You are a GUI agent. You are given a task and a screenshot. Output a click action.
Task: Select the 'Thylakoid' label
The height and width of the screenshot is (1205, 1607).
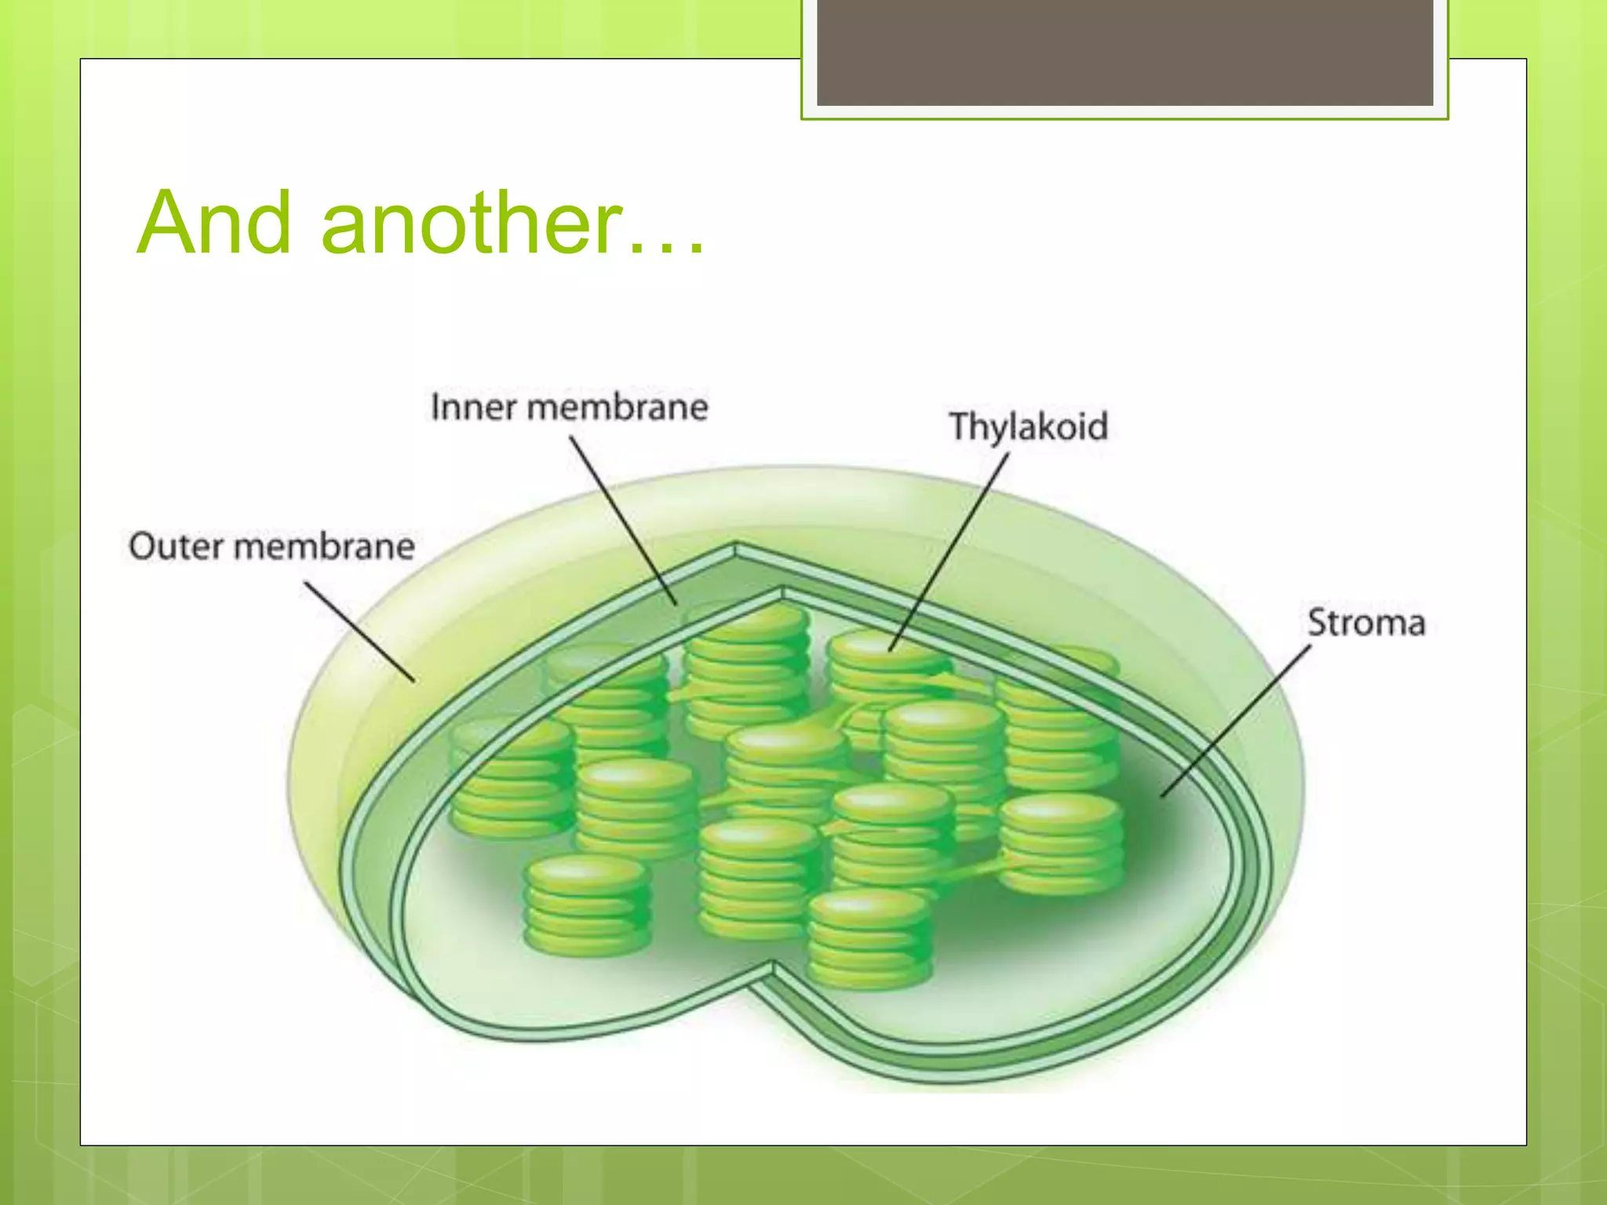click(1028, 427)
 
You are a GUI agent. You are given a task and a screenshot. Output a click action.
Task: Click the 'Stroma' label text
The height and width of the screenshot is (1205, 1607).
click(1365, 623)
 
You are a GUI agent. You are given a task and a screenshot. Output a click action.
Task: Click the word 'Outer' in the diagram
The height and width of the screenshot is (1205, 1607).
click(173, 546)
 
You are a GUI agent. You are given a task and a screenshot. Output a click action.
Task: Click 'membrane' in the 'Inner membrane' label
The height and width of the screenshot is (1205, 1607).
click(617, 407)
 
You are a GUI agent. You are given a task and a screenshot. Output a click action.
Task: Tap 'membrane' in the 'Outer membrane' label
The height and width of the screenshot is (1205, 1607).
click(324, 546)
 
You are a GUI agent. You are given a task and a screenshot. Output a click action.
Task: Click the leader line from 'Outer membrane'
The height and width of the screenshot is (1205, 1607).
click(359, 631)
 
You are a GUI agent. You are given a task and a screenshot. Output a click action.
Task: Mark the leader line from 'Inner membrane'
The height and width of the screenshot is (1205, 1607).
click(621, 518)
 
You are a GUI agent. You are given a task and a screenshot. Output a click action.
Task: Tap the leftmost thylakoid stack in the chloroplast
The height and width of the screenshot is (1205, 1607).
click(512, 777)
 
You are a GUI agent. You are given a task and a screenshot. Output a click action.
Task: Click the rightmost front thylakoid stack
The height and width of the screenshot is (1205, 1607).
click(1061, 843)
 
